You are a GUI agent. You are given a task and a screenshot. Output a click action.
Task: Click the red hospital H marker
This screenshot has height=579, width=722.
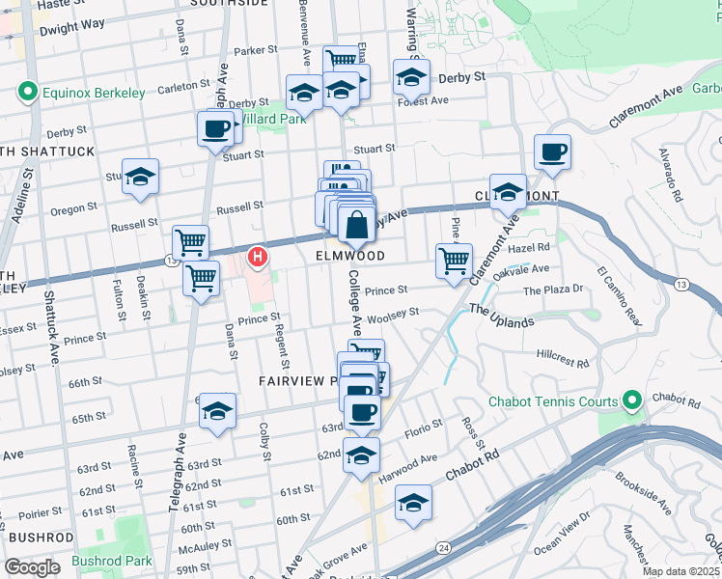[258, 258]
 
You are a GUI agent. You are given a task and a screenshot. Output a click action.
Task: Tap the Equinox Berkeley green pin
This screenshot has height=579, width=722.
[26, 93]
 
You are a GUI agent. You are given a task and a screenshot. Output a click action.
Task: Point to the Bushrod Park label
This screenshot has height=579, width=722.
[112, 561]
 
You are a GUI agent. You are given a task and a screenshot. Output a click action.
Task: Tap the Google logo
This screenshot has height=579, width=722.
[31, 567]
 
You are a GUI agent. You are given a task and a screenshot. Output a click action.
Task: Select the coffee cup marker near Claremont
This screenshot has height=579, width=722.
[552, 153]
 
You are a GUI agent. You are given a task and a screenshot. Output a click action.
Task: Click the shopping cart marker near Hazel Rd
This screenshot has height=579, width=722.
[454, 261]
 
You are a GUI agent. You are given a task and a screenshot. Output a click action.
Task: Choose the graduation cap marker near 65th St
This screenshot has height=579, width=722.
[218, 411]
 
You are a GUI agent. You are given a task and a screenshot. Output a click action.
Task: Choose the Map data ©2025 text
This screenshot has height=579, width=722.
[680, 570]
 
